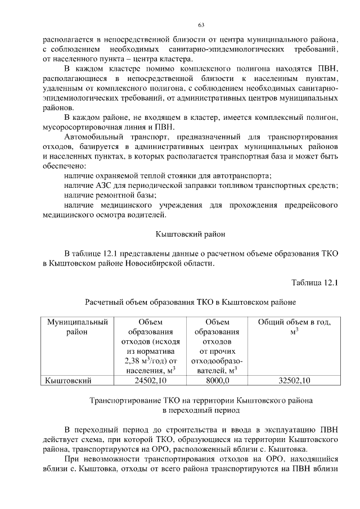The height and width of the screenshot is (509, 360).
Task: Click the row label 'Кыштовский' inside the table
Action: coord(68,381)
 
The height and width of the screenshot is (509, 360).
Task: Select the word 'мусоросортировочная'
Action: coord(83,127)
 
